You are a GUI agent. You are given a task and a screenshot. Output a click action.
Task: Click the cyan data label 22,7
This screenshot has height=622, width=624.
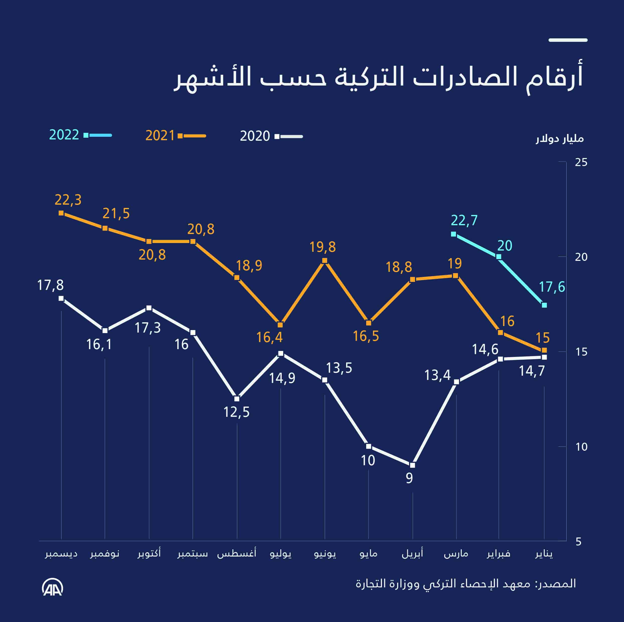coord(464,220)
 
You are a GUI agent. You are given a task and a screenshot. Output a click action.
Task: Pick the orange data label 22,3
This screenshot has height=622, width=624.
coord(68,200)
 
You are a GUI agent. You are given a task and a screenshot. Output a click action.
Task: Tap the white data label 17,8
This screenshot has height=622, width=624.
coord(50,285)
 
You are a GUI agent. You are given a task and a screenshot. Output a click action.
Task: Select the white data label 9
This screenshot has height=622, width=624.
coord(409,478)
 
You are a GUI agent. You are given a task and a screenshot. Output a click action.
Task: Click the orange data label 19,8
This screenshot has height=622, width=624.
coord(322,247)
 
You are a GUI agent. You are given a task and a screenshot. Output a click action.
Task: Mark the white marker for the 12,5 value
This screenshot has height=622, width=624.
coord(237,399)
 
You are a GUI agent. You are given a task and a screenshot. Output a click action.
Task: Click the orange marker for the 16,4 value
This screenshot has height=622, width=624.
coord(280,325)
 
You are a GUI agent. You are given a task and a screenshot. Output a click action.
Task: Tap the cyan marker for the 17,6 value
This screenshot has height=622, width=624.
coord(544,305)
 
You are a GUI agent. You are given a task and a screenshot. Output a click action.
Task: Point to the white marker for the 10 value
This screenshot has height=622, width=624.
coord(368,447)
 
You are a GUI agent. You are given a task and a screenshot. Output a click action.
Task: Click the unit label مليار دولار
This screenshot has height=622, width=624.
coord(560,139)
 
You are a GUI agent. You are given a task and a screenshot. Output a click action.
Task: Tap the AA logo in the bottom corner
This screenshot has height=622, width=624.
coord(52,588)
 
